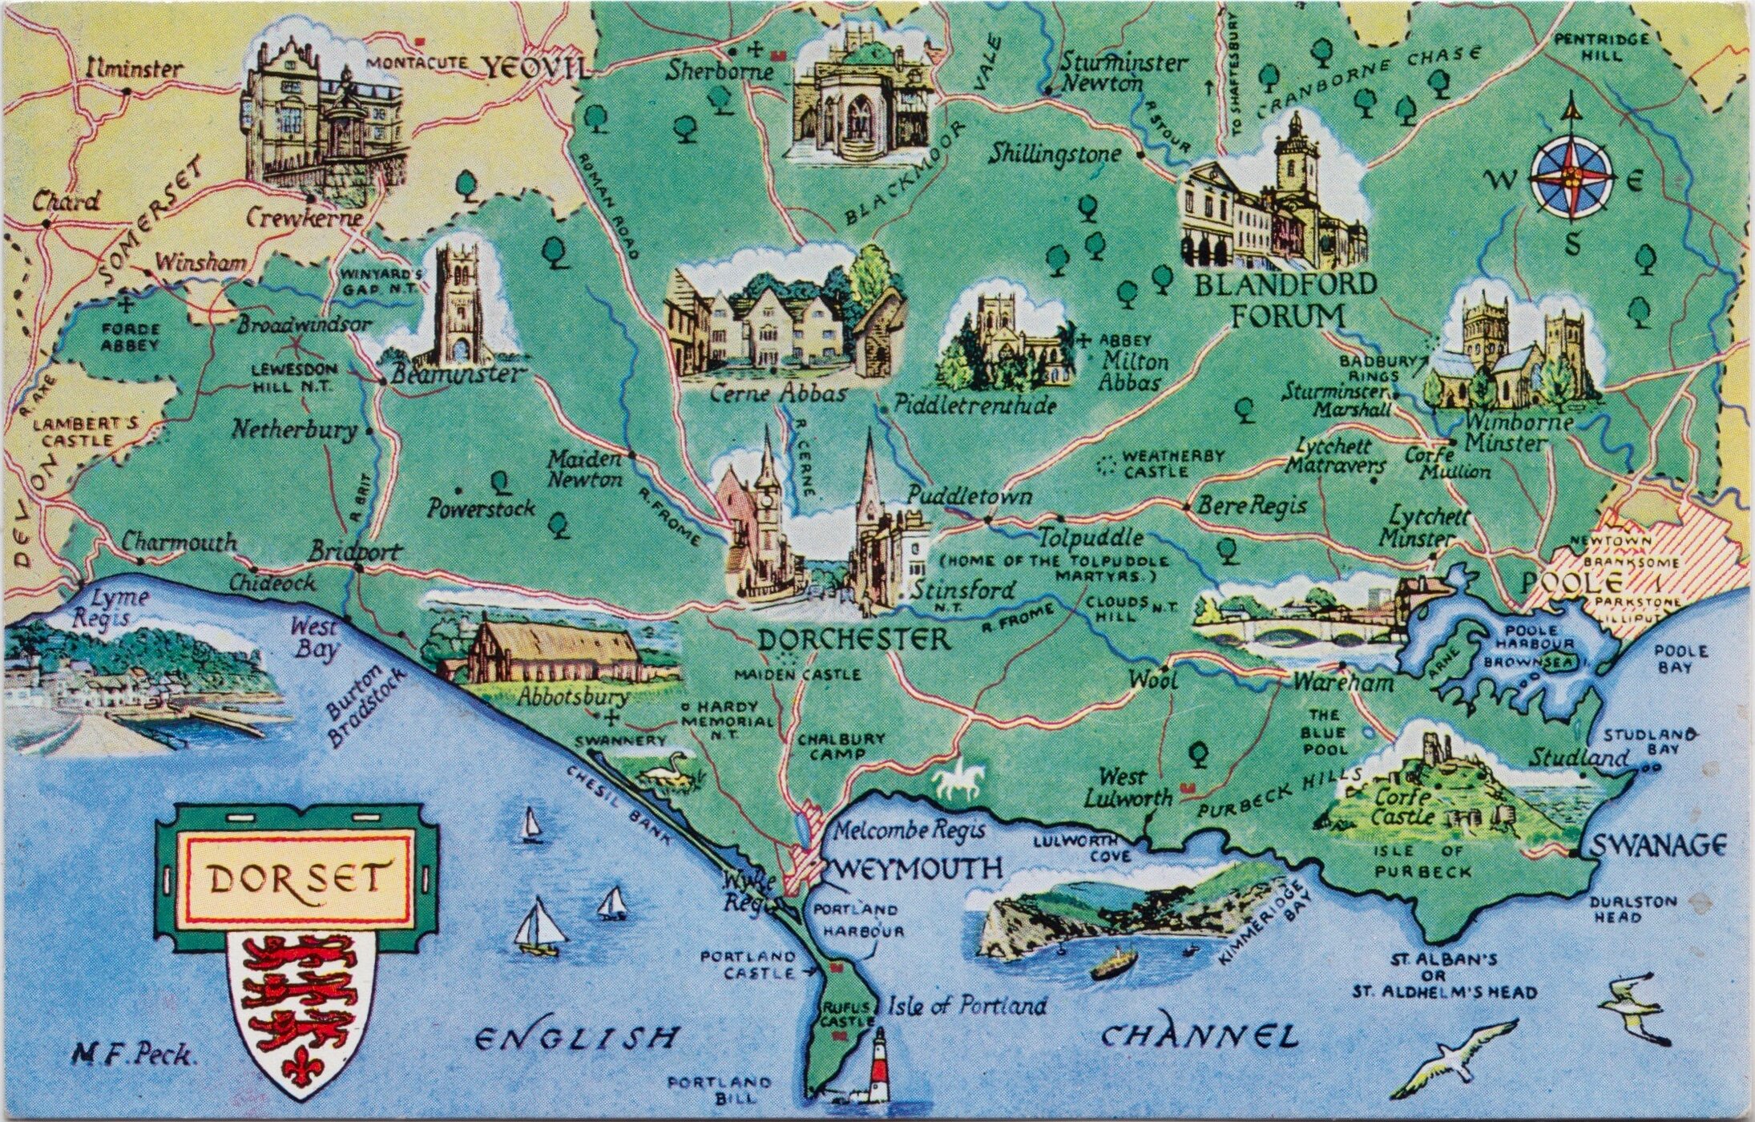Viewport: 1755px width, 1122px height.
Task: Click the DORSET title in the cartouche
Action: (x=296, y=879)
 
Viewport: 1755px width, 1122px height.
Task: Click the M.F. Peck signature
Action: (x=134, y=1054)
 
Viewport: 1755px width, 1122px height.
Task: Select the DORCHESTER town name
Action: (x=853, y=639)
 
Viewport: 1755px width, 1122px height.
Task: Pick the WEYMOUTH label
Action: (x=919, y=867)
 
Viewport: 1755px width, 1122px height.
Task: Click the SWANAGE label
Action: (x=1657, y=845)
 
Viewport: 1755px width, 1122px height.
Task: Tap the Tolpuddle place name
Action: (x=1091, y=536)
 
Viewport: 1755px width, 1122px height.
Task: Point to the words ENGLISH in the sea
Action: (x=575, y=1039)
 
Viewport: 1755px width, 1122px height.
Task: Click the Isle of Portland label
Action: (x=965, y=1005)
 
